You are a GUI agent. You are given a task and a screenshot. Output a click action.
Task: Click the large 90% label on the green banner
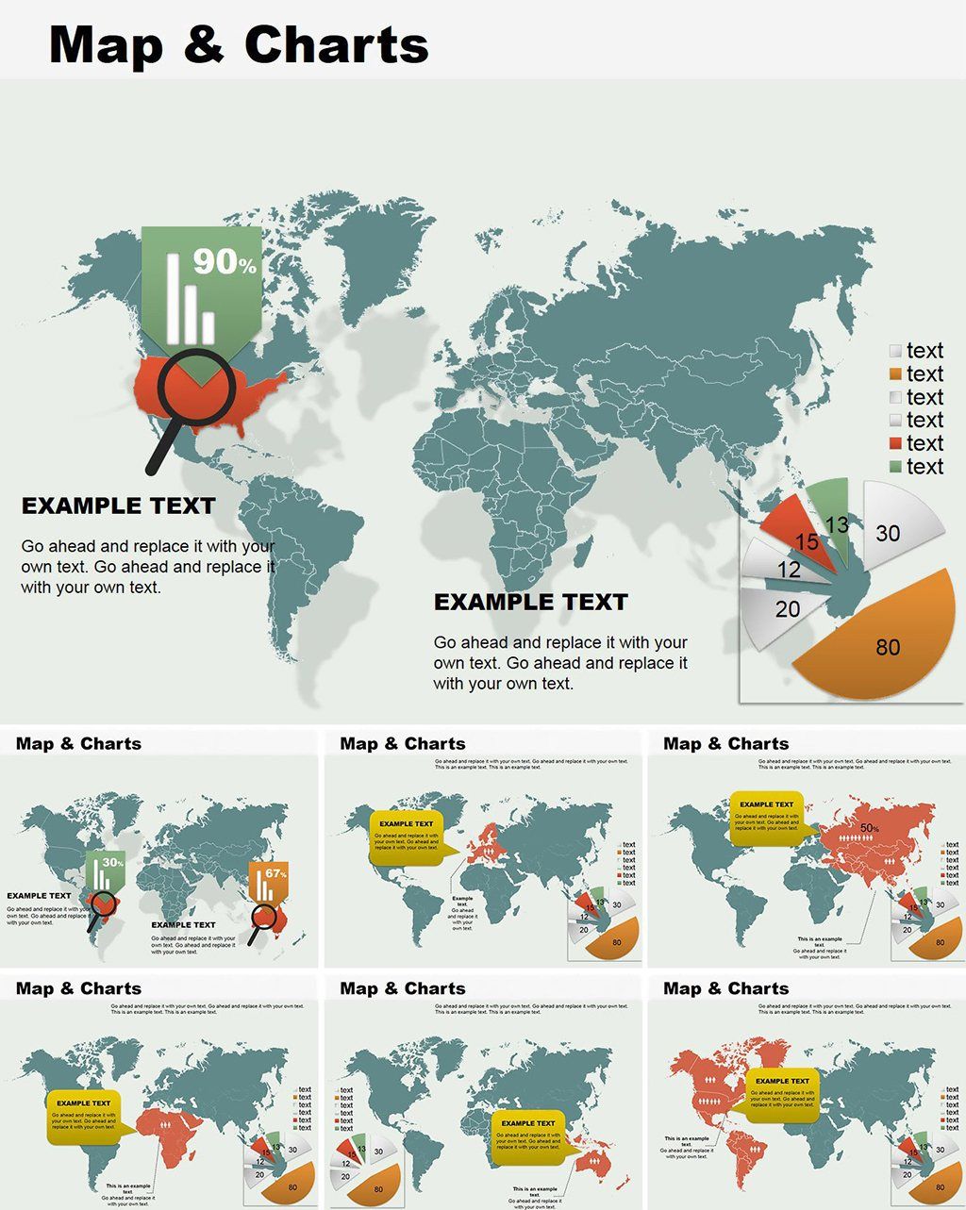[225, 261]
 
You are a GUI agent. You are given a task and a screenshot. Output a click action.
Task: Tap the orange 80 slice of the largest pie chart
[877, 641]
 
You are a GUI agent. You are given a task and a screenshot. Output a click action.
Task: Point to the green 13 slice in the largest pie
[832, 514]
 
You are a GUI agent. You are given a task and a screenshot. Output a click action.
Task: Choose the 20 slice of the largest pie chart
[783, 610]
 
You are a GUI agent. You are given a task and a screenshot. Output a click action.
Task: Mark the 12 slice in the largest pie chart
[783, 568]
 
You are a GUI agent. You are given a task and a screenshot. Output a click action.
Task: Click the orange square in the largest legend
[895, 374]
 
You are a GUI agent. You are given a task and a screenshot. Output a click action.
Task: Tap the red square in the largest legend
[895, 444]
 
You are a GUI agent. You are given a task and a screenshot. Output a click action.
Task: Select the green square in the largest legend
[895, 467]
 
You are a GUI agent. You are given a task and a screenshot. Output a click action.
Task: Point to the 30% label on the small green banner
[113, 862]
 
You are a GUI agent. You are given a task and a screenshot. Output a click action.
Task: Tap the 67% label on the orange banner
[275, 873]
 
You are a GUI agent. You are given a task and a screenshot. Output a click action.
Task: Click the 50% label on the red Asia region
[869, 829]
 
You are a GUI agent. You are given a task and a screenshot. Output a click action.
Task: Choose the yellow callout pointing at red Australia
[527, 1135]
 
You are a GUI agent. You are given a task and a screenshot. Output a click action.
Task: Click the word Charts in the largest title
[336, 43]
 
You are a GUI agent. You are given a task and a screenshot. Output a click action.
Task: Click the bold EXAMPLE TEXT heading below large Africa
[530, 602]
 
